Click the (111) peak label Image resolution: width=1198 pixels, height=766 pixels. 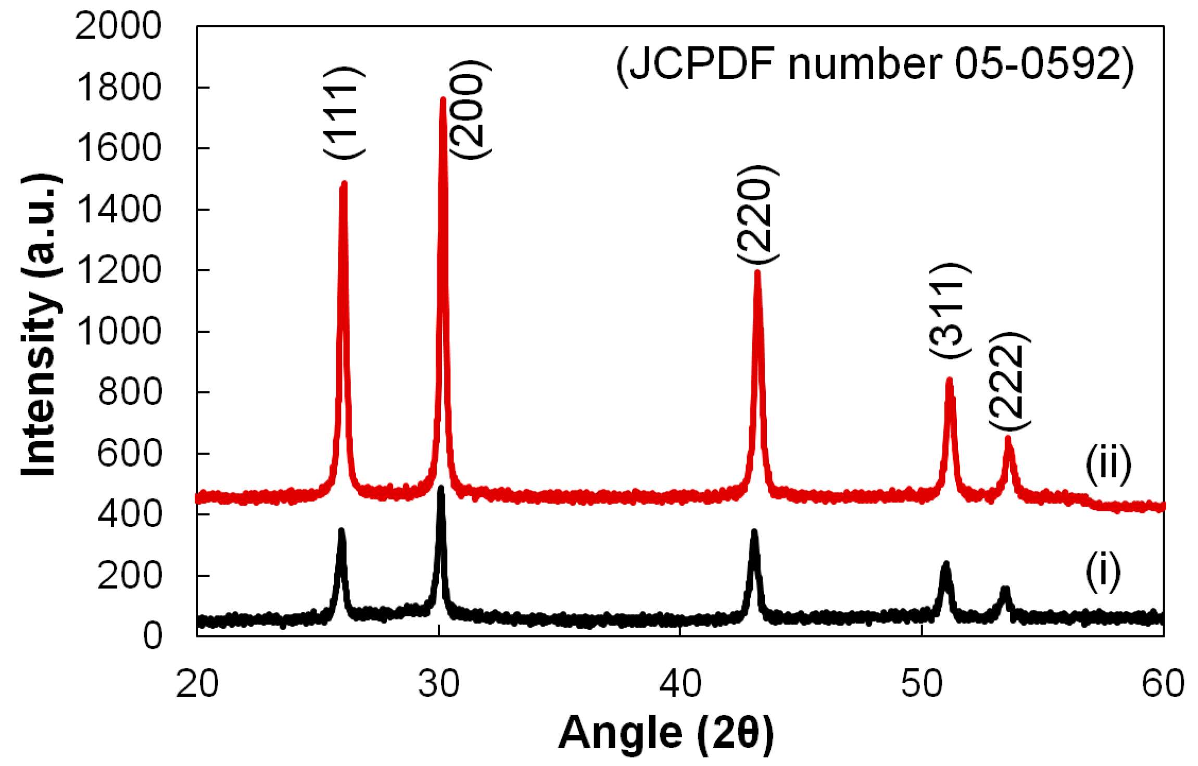[344, 113]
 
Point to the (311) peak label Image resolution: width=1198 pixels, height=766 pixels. [949, 311]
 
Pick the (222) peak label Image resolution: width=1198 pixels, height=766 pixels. [1008, 381]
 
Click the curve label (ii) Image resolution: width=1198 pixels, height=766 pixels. [1107, 464]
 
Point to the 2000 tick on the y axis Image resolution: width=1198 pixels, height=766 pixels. [119, 26]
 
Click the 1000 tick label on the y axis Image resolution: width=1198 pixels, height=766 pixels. [119, 331]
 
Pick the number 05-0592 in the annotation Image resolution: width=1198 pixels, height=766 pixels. [1036, 65]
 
